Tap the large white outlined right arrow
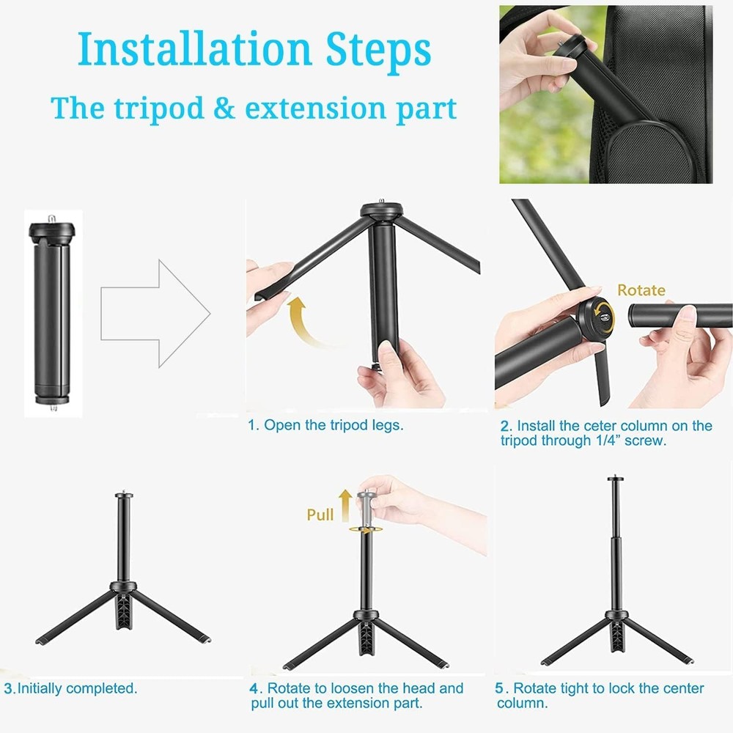[155, 314]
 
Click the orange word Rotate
[641, 290]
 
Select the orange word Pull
[320, 515]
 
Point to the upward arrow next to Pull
[346, 505]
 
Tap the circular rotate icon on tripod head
[603, 316]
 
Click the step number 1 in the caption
[251, 425]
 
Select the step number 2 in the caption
[505, 426]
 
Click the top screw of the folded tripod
[52, 218]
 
